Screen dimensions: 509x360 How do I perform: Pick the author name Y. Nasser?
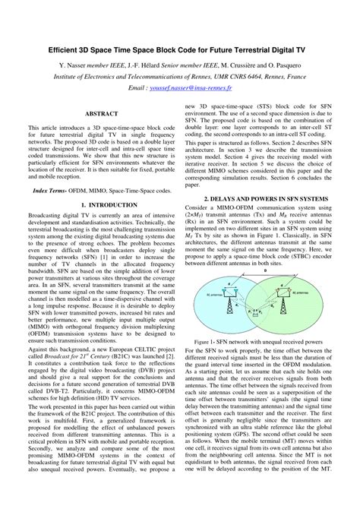pyautogui.click(x=74, y=66)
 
